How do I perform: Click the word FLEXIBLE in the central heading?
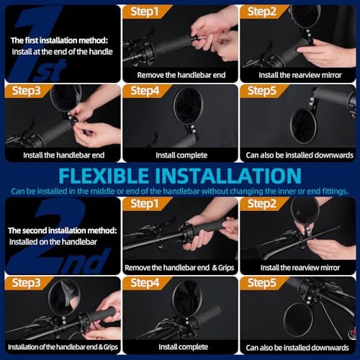(x=104, y=176)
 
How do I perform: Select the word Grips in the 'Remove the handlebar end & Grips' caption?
(x=226, y=268)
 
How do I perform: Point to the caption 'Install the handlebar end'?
(x=64, y=155)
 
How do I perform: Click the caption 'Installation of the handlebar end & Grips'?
(x=63, y=347)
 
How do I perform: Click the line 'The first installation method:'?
(x=59, y=40)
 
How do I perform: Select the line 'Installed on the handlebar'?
(x=53, y=242)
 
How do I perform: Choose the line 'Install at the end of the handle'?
(x=63, y=52)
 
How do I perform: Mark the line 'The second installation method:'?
(x=63, y=230)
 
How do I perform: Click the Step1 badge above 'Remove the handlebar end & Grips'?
(x=145, y=204)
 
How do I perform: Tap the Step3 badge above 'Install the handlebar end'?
(x=27, y=91)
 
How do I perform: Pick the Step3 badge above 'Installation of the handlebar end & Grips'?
(x=27, y=283)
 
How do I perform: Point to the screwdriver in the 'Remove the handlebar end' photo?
(x=199, y=37)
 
